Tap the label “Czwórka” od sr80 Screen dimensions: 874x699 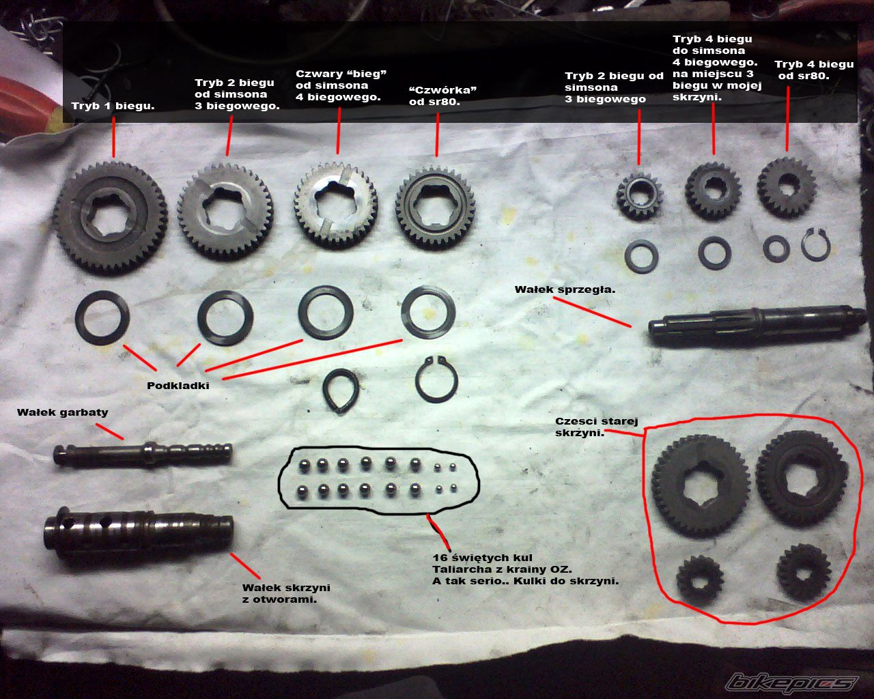coord(442,96)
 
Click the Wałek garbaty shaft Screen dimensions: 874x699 coord(143,453)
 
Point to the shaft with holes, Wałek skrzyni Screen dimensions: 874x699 coord(138,532)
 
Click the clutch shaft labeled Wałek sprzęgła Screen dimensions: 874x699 coord(757,326)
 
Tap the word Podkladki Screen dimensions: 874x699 coord(178,386)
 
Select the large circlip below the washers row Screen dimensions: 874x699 coord(436,379)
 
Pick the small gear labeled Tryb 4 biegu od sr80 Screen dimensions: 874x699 coord(787,187)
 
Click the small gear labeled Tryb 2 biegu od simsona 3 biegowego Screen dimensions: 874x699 coord(639,195)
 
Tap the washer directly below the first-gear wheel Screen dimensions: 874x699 coord(102,317)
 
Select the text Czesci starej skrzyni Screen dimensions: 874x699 coord(596,427)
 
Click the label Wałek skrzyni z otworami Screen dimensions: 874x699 coord(286,593)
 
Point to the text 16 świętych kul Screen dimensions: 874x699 coord(482,558)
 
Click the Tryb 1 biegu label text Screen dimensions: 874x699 coord(113,106)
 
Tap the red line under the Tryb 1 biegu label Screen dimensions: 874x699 coord(113,137)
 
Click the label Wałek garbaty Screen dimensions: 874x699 coord(63,413)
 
